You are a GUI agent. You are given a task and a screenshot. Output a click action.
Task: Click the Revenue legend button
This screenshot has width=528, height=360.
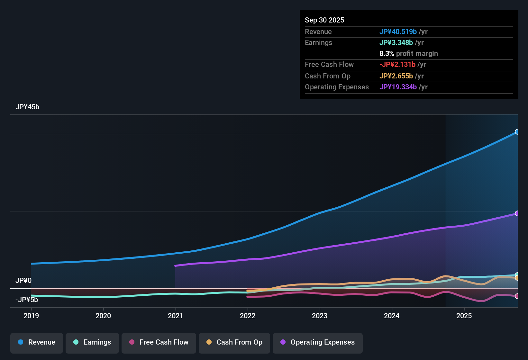coord(37,342)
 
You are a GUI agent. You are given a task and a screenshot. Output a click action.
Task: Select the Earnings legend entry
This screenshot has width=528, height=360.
coord(92,342)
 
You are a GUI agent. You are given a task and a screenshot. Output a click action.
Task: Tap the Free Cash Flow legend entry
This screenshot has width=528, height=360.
coord(159,342)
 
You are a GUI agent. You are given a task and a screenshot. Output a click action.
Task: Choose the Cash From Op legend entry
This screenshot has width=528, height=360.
coord(234,342)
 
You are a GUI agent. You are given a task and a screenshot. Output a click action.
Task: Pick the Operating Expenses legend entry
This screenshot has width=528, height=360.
coord(318,342)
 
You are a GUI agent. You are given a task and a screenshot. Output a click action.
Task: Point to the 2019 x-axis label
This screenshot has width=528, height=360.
coord(31,316)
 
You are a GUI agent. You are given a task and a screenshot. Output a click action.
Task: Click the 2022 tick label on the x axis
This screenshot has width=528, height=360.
coord(248,316)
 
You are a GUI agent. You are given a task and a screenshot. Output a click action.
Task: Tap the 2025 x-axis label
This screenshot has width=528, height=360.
coord(464,316)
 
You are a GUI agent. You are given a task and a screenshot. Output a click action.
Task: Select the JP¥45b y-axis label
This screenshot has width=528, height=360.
coord(27,107)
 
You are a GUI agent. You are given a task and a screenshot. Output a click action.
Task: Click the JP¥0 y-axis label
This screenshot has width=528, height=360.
coord(23,281)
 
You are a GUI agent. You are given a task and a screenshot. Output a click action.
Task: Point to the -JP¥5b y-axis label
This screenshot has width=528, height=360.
coord(27,300)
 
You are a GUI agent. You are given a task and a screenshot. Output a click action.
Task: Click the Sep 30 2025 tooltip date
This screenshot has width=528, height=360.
coord(324,20)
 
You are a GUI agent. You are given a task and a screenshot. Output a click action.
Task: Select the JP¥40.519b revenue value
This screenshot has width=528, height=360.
coord(398,32)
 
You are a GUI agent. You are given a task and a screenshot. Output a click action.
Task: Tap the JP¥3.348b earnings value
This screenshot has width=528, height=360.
coord(396,43)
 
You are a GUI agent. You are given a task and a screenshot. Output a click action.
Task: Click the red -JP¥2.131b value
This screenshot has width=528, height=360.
coord(397,65)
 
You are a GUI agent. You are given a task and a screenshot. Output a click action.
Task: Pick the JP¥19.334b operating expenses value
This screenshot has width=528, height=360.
coord(398,87)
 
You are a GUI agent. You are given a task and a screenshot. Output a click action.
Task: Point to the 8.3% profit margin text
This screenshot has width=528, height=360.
coord(408,54)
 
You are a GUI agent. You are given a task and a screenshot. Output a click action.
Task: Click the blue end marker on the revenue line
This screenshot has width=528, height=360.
coord(517,132)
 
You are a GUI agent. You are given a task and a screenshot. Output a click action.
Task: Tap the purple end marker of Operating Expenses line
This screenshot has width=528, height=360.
coord(517,213)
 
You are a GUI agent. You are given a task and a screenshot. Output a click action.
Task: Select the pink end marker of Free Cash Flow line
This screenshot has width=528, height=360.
coord(517,296)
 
